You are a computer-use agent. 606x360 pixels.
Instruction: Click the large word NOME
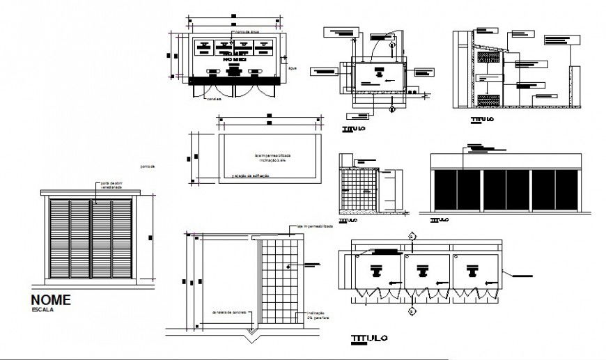coord(51,300)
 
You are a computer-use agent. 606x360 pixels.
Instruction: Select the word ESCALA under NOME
coord(42,310)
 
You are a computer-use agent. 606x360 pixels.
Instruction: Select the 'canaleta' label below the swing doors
coord(213,100)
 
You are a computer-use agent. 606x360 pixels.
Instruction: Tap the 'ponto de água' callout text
coord(247,32)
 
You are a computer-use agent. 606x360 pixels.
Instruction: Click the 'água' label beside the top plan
coord(293,68)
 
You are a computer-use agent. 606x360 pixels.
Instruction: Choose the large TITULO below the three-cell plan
coord(368,339)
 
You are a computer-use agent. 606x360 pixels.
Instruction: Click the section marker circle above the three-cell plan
coord(412,237)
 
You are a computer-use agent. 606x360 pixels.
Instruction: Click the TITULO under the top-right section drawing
coord(482,120)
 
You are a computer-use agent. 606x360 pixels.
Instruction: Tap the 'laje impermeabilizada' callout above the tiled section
coord(315,226)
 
